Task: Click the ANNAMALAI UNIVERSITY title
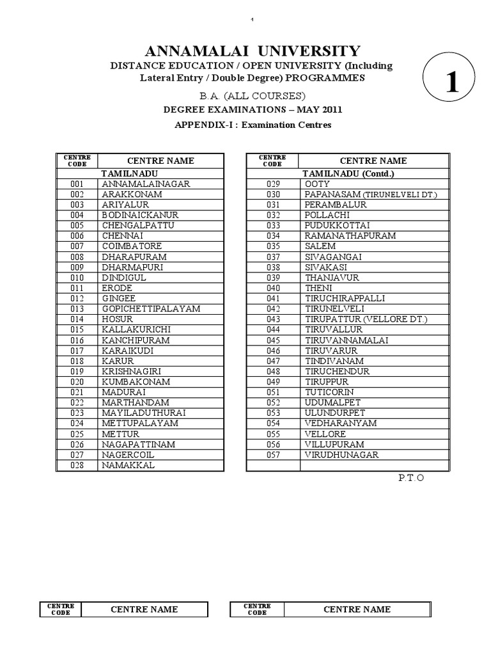coord(245,51)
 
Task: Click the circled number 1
coord(452,85)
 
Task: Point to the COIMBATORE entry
coord(132,246)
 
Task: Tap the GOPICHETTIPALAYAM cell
coord(151,308)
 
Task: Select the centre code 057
coord(274,455)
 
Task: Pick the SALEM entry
coord(318,246)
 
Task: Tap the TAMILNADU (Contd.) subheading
coord(348,173)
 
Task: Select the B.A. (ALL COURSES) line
coord(245,95)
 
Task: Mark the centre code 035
coord(274,246)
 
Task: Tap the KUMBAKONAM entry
coord(136,381)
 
